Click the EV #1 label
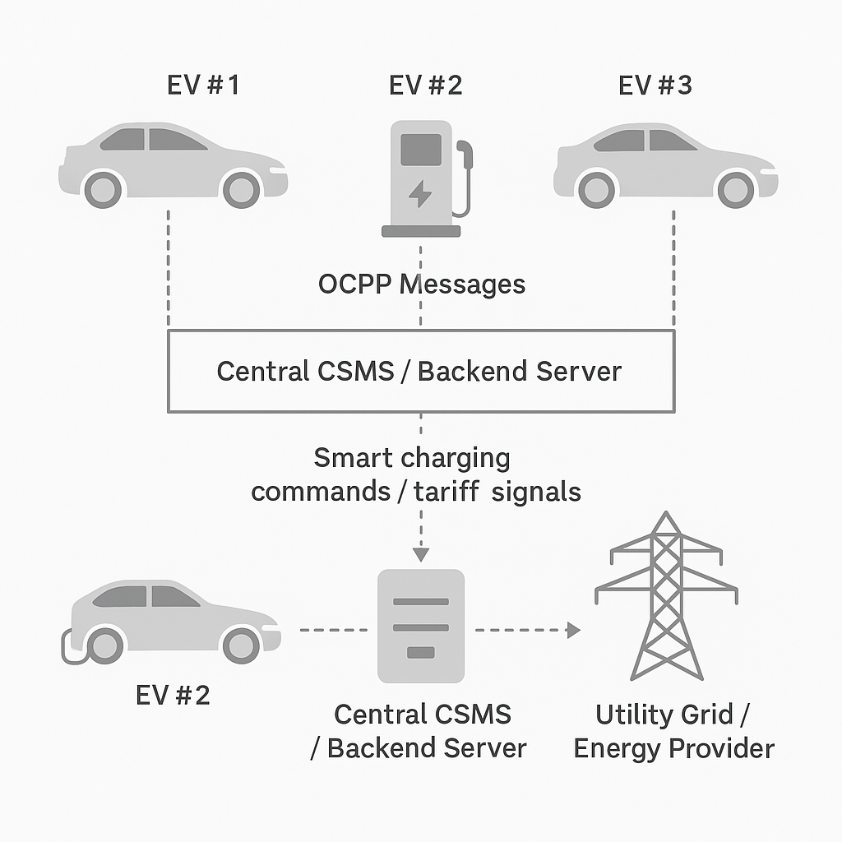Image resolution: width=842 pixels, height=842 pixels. [202, 85]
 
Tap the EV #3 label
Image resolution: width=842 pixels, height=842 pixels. [655, 85]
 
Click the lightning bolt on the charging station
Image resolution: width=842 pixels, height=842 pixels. [419, 194]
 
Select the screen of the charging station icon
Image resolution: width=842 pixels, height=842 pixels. [420, 150]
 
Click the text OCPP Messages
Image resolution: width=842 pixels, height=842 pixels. [421, 285]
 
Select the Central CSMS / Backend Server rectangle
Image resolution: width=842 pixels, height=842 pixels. [420, 371]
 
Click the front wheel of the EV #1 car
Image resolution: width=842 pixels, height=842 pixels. [242, 190]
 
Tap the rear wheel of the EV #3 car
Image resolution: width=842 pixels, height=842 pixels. [596, 190]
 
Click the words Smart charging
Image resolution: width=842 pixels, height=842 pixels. [412, 457]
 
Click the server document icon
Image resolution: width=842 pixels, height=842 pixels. [420, 626]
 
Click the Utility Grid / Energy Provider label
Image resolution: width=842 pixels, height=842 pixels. [673, 731]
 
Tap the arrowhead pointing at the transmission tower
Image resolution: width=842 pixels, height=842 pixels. [573, 630]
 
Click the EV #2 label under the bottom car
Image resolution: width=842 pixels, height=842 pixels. [173, 696]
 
